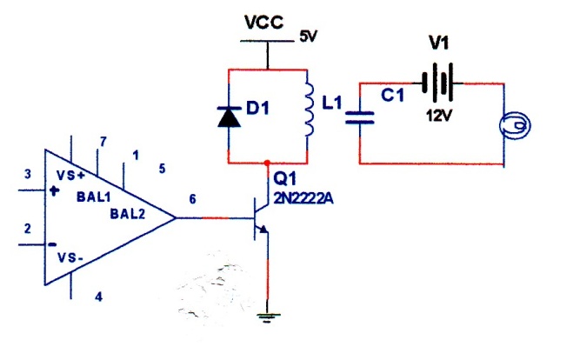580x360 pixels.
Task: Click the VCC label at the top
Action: pyautogui.click(x=264, y=23)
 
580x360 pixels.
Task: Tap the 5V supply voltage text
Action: pyautogui.click(x=309, y=37)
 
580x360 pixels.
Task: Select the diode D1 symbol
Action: pyautogui.click(x=229, y=117)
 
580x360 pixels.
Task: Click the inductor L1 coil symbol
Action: pyautogui.click(x=310, y=110)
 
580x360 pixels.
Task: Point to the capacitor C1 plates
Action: pyautogui.click(x=359, y=117)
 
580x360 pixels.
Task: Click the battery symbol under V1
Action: pyautogui.click(x=439, y=83)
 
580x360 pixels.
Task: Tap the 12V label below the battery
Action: pyautogui.click(x=439, y=116)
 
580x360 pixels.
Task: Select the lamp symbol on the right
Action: pyautogui.click(x=515, y=125)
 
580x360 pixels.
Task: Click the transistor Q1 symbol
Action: pyautogui.click(x=261, y=218)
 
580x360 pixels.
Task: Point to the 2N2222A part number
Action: pyautogui.click(x=303, y=198)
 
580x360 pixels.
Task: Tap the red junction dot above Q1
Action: pyautogui.click(x=267, y=163)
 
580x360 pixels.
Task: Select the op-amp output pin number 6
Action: pyautogui.click(x=192, y=199)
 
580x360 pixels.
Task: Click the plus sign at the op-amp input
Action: pyautogui.click(x=55, y=191)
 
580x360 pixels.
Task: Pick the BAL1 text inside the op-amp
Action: pyautogui.click(x=94, y=197)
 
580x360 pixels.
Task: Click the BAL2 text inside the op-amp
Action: pyautogui.click(x=128, y=214)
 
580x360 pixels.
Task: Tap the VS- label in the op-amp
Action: pyautogui.click(x=70, y=257)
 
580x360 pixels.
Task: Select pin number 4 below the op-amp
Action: pyautogui.click(x=98, y=297)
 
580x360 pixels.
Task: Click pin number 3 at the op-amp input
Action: pyautogui.click(x=27, y=174)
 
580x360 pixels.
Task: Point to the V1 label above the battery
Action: pyautogui.click(x=439, y=43)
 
